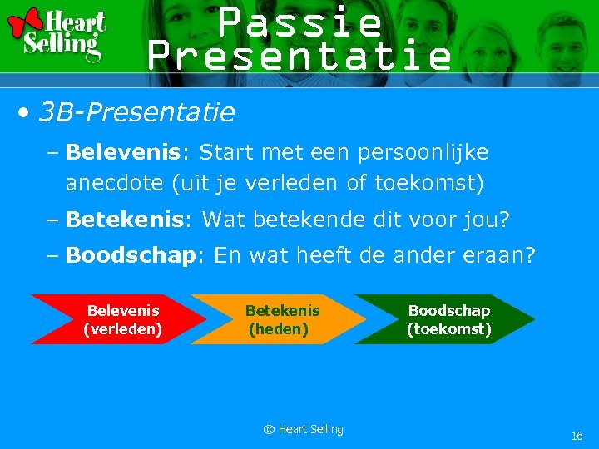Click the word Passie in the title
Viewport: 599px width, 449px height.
point(300,22)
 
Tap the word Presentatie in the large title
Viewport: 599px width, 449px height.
point(299,56)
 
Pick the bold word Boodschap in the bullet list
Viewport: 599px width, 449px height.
point(129,255)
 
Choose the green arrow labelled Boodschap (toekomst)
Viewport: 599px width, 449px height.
point(445,319)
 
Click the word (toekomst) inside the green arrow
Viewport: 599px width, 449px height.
point(449,329)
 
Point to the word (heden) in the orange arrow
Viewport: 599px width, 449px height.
point(279,329)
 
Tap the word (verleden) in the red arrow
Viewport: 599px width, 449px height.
point(123,329)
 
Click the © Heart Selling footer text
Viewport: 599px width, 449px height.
point(303,429)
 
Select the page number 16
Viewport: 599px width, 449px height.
point(577,436)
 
